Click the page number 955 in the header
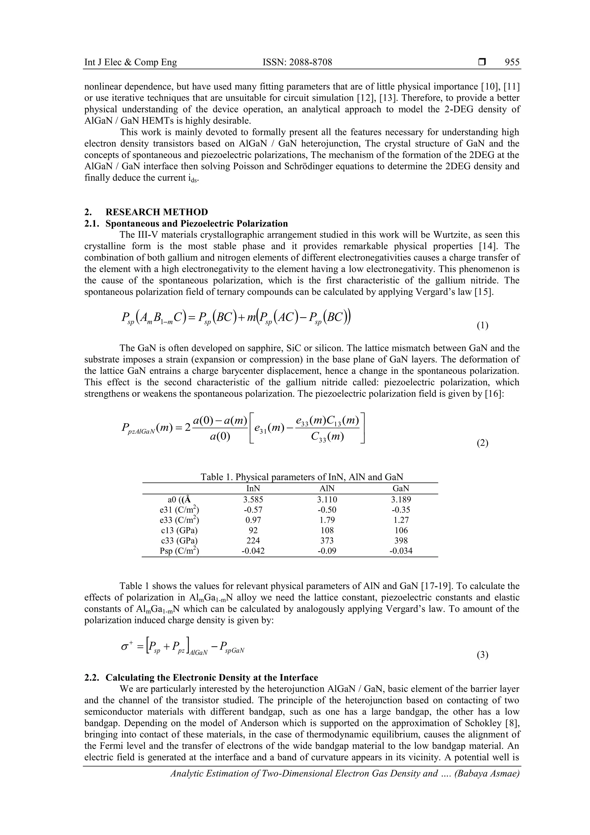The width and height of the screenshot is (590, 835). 512,62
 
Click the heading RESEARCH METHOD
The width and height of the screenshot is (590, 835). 157,212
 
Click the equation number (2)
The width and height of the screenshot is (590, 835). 482,443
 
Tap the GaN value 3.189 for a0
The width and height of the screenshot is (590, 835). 401,499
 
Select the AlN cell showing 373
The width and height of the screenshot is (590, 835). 327,540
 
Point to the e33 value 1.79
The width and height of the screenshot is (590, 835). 327,520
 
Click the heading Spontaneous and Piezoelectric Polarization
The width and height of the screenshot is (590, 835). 196,223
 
